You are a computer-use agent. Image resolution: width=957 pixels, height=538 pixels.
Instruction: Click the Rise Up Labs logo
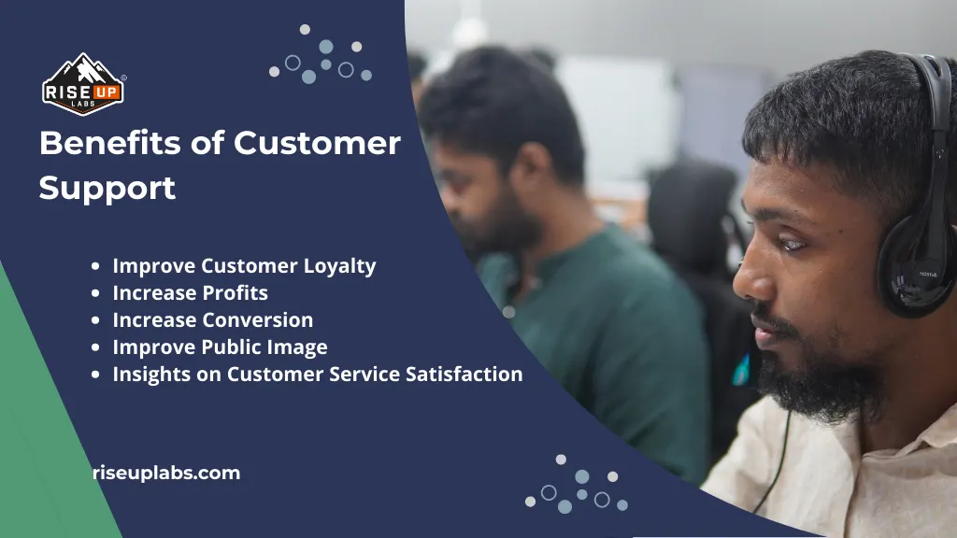pos(82,84)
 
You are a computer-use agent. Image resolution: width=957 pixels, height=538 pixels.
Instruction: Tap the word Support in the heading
pos(107,188)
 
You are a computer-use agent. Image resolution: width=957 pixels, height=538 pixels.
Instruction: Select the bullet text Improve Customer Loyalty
pos(244,266)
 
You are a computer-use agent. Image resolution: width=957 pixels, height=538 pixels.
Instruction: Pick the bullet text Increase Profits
pos(190,293)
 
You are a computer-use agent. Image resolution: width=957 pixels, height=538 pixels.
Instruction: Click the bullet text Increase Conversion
pos(212,320)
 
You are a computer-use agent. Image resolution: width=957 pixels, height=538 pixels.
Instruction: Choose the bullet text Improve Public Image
pos(220,347)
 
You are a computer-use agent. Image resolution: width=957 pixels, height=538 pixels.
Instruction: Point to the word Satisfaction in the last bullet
pos(464,375)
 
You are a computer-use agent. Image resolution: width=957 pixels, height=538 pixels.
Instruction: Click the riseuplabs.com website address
pos(166,474)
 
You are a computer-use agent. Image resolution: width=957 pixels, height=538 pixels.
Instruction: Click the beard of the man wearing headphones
pos(822,374)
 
